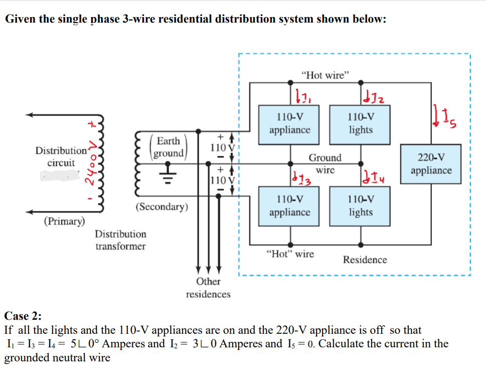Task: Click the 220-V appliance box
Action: pyautogui.click(x=431, y=164)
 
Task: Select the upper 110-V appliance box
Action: pyautogui.click(x=289, y=123)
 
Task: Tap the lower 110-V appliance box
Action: pyautogui.click(x=289, y=206)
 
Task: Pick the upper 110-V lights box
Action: pyautogui.click(x=361, y=123)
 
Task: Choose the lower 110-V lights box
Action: pyautogui.click(x=361, y=206)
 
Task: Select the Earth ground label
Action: pyautogui.click(x=169, y=147)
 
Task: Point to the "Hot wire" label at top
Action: pyautogui.click(x=325, y=75)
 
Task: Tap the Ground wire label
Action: pyautogui.click(x=325, y=164)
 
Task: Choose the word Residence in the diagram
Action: pyautogui.click(x=365, y=260)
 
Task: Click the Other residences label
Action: pyautogui.click(x=208, y=288)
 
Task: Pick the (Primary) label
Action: pyautogui.click(x=64, y=221)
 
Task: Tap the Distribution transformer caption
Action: pyautogui.click(x=120, y=240)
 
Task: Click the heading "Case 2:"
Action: pyautogui.click(x=23, y=316)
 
